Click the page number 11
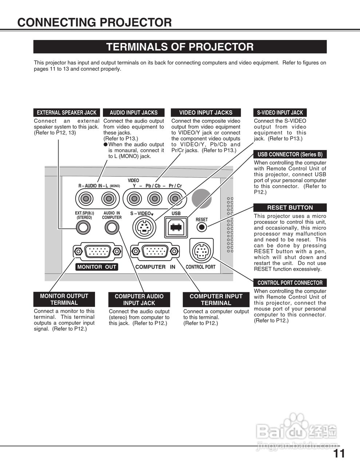(339, 453)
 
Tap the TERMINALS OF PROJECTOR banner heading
(180, 47)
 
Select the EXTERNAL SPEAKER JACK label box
(67, 113)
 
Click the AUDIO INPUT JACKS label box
(134, 113)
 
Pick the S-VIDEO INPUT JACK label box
(280, 113)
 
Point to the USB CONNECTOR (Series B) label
(290, 154)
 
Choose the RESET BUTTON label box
(290, 208)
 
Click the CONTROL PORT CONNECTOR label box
(290, 283)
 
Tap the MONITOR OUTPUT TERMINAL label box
(64, 299)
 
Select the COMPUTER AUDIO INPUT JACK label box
(139, 300)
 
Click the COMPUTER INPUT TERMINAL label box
(216, 300)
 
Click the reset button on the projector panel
(202, 227)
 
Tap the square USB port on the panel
(176, 227)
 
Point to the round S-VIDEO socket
(145, 228)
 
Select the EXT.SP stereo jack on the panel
(83, 227)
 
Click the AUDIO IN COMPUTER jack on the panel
(112, 227)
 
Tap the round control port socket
(201, 251)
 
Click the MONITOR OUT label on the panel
(96, 267)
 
